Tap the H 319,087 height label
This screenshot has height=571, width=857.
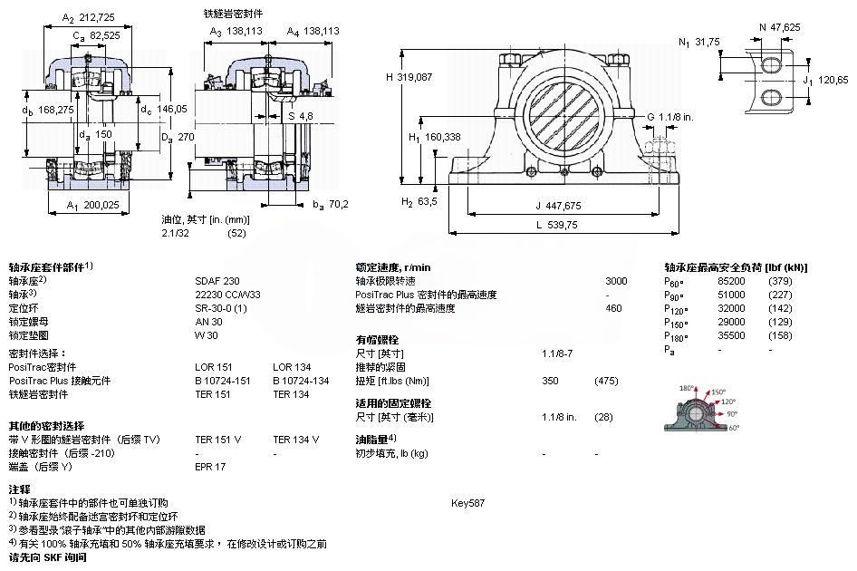pyautogui.click(x=415, y=77)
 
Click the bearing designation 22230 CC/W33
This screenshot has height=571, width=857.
pyautogui.click(x=227, y=294)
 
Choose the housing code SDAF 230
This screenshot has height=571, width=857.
pyautogui.click(x=217, y=281)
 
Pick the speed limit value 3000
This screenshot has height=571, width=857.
pyautogui.click(x=616, y=281)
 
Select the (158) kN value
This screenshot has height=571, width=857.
pyautogui.click(x=781, y=335)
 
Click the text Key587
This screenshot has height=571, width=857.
pyautogui.click(x=467, y=502)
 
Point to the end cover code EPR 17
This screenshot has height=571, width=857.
pyautogui.click(x=210, y=467)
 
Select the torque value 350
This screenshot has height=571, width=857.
pyautogui.click(x=550, y=381)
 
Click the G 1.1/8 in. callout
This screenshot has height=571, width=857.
pyautogui.click(x=670, y=116)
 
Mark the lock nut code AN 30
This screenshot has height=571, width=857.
pyautogui.click(x=209, y=322)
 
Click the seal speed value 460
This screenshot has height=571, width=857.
pyautogui.click(x=613, y=308)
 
